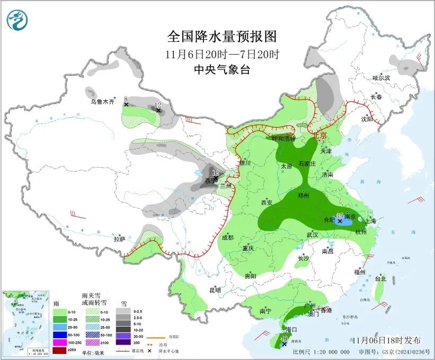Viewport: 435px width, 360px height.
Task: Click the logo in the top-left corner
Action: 17,20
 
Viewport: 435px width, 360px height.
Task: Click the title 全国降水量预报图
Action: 221,37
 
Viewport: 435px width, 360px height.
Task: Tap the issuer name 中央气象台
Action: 221,69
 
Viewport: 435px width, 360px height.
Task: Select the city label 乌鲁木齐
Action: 102,102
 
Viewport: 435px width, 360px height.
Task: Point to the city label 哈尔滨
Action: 381,78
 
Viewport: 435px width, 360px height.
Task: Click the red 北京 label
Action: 320,135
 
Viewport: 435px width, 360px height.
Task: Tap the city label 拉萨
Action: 119,239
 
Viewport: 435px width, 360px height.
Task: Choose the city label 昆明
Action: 215,290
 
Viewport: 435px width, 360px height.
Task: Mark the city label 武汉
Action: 312,234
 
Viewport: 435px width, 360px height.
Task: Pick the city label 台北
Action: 380,278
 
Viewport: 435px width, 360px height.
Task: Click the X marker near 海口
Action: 285,344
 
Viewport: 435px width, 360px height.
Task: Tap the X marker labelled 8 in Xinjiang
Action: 126,105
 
